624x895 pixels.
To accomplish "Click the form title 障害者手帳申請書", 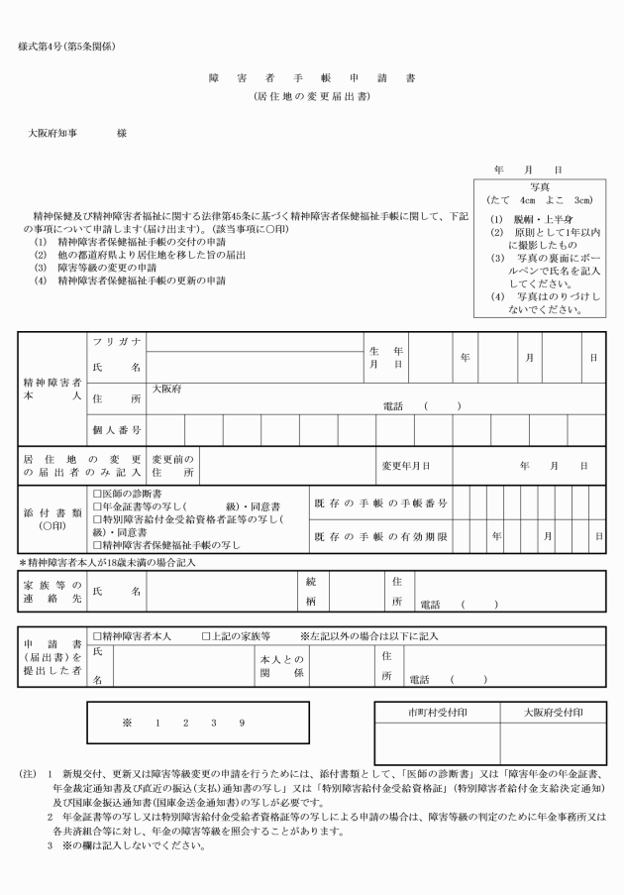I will click(x=312, y=77).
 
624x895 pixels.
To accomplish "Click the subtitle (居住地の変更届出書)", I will click(x=312, y=97).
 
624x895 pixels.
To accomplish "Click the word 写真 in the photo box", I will click(x=541, y=185).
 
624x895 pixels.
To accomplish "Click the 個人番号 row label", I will click(x=115, y=430).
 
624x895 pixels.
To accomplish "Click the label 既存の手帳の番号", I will click(x=380, y=503).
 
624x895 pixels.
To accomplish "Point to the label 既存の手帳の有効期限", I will click(x=380, y=536).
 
